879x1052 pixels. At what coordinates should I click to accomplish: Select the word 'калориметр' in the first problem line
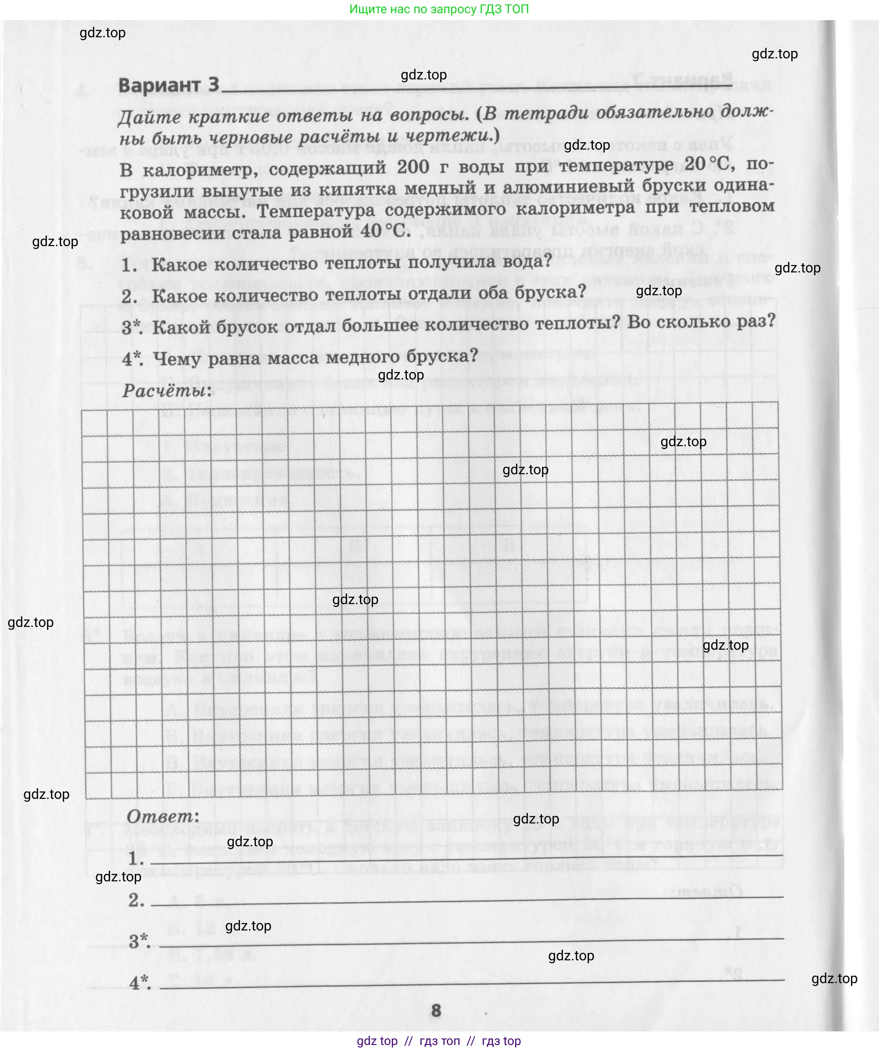(200, 170)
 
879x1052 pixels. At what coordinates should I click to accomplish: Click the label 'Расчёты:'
(167, 390)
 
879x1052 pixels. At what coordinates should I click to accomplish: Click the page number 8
(436, 1010)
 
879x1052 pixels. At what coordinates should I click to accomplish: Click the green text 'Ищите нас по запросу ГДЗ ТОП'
(439, 9)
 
